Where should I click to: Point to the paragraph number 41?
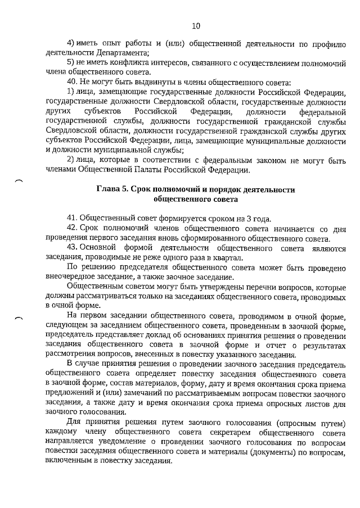click(72, 217)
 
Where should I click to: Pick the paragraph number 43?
click(72, 247)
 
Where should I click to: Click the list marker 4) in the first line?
click(71, 43)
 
